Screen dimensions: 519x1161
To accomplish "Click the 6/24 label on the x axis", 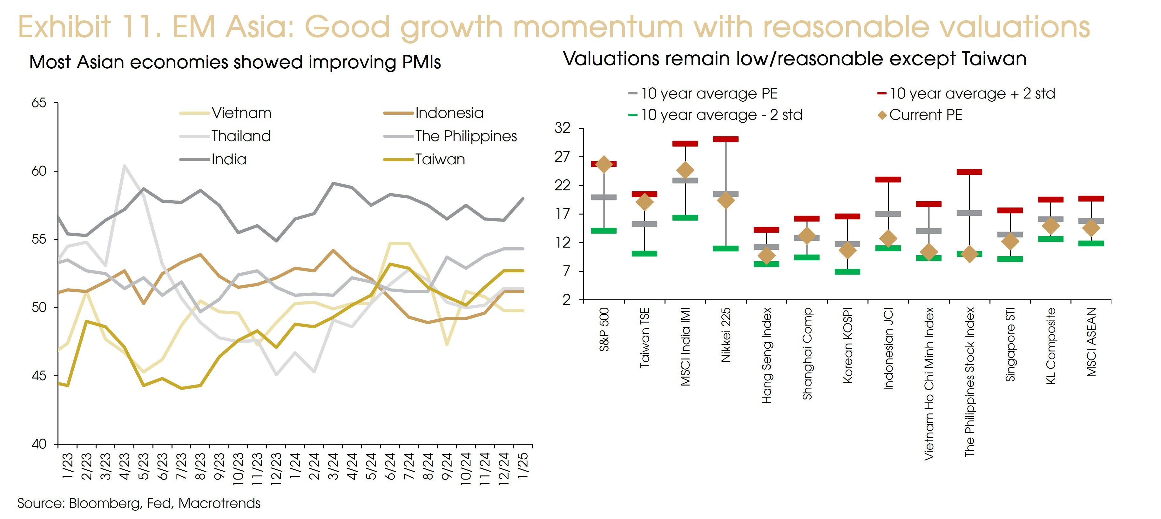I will (x=390, y=466).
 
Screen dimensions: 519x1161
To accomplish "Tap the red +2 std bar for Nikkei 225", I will (x=726, y=139).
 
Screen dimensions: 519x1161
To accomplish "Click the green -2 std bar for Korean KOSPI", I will (x=847, y=271).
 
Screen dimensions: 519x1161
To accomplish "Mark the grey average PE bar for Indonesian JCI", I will (x=888, y=214).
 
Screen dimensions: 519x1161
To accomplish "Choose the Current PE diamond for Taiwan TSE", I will (x=645, y=202).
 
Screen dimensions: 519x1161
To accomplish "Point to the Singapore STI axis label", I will (x=1010, y=345).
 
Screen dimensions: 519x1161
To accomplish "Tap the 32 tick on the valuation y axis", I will (x=563, y=128).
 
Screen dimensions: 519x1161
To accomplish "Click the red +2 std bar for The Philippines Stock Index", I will (x=969, y=172).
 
